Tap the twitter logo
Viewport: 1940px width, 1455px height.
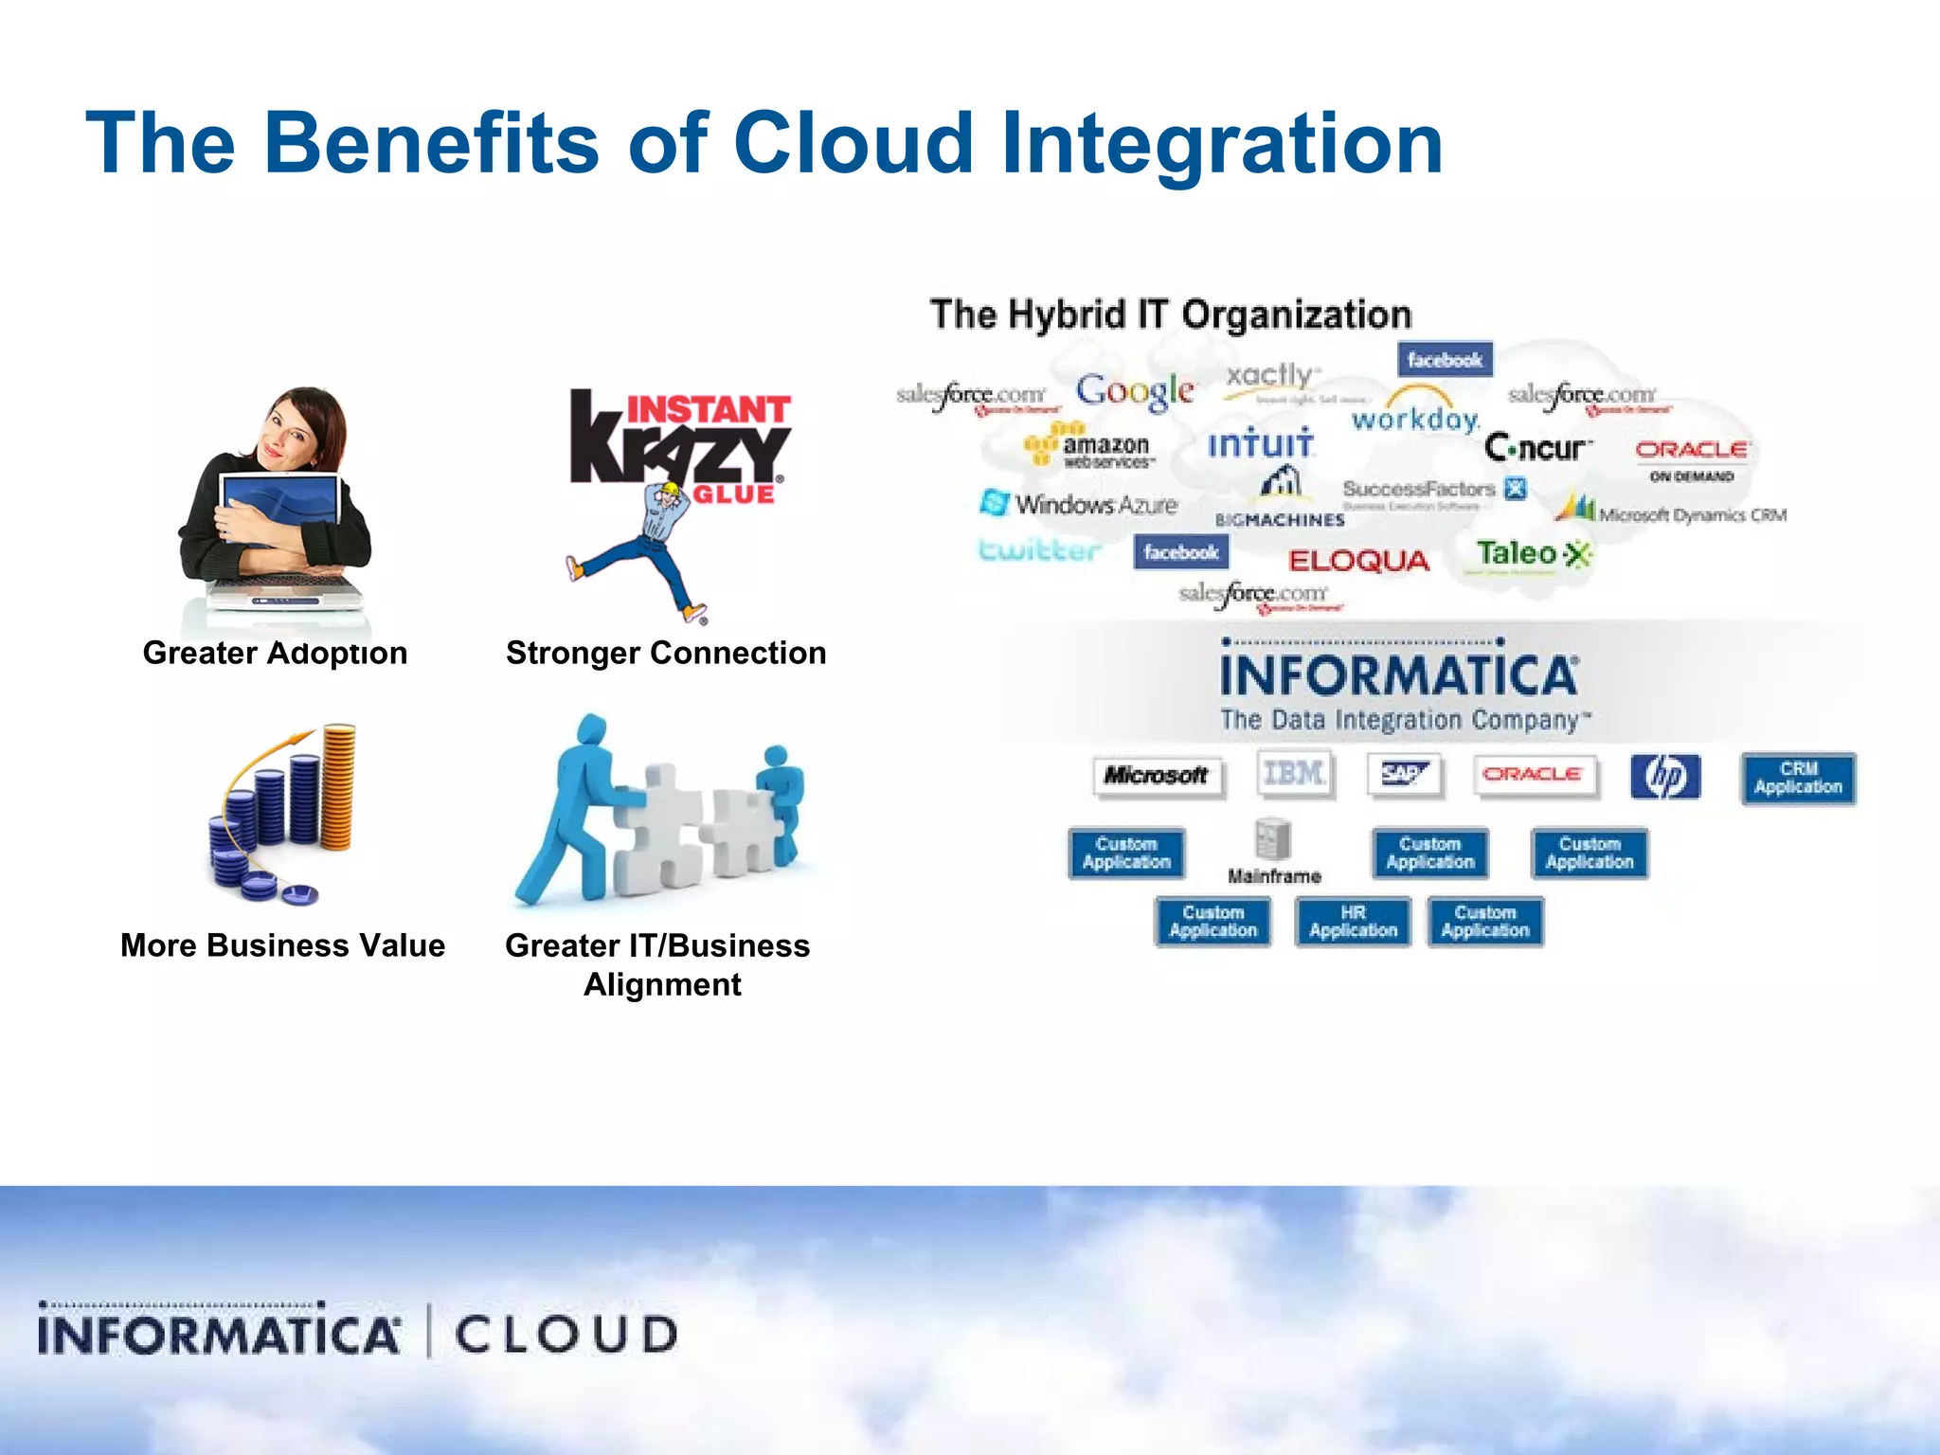pyautogui.click(x=1038, y=550)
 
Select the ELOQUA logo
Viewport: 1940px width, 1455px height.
pyautogui.click(x=1357, y=561)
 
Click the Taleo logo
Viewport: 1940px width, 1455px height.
pyautogui.click(x=1532, y=553)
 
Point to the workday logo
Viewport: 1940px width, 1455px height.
pyautogui.click(x=1415, y=418)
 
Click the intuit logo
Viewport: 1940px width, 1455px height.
pyautogui.click(x=1260, y=443)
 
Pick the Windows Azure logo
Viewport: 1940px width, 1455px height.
pyautogui.click(x=1079, y=504)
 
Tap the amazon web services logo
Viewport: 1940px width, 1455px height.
pyautogui.click(x=1089, y=447)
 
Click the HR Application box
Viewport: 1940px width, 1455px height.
pyautogui.click(x=1353, y=922)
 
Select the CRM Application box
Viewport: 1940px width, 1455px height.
pyautogui.click(x=1797, y=778)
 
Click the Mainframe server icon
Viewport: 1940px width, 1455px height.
pyautogui.click(x=1273, y=839)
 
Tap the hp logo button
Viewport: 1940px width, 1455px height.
pyautogui.click(x=1664, y=777)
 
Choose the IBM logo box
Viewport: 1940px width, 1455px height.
pyautogui.click(x=1294, y=774)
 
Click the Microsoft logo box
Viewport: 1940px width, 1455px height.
pyautogui.click(x=1156, y=776)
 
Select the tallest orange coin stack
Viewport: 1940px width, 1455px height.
pyautogui.click(x=338, y=786)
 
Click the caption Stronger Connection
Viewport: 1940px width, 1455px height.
pyautogui.click(x=665, y=653)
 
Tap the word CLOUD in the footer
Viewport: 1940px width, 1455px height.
pyautogui.click(x=566, y=1335)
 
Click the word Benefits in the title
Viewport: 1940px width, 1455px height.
pyautogui.click(x=431, y=144)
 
